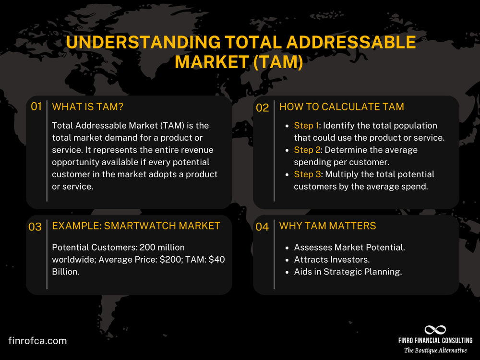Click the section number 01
[x=36, y=107]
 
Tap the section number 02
[x=263, y=108]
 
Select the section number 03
[x=35, y=227]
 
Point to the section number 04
[x=263, y=227]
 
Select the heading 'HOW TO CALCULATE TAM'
[x=341, y=107]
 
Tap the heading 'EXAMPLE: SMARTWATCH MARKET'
[x=136, y=226]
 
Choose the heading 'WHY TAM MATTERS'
[x=327, y=226]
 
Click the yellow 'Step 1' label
[x=306, y=126]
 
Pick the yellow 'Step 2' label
[x=306, y=150]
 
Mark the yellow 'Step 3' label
[x=306, y=174]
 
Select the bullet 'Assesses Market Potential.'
[x=349, y=247]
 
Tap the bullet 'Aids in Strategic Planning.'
[x=348, y=272]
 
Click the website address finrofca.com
[x=37, y=341]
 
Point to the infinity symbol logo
[x=435, y=330]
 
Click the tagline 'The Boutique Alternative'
[x=435, y=350]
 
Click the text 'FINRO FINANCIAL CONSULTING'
[x=435, y=340]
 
